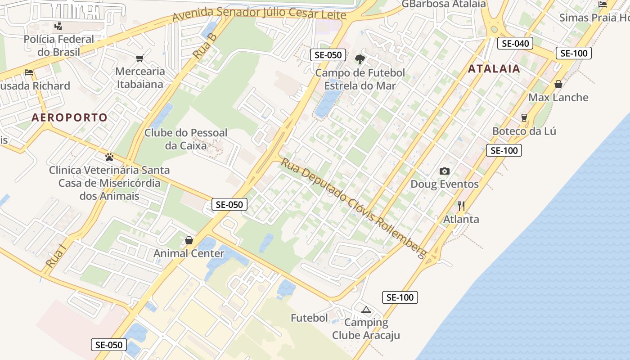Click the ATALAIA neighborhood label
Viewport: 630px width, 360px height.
[494, 69]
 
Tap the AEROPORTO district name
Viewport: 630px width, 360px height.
[69, 118]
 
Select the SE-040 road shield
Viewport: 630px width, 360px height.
[515, 43]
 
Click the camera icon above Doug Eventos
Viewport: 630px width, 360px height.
[444, 171]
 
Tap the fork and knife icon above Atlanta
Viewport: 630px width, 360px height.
[461, 206]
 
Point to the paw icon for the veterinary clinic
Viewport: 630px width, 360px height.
[109, 157]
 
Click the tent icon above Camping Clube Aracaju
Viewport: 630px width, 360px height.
[366, 310]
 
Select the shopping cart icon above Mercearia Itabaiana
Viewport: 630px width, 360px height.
[139, 58]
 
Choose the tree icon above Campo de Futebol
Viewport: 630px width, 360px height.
[360, 59]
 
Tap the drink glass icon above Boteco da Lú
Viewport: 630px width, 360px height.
[524, 118]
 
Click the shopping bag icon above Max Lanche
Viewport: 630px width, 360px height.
[558, 84]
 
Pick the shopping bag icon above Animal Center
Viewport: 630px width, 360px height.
[189, 240]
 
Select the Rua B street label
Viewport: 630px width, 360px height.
[205, 46]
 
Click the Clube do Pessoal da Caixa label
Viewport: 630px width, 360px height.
[186, 139]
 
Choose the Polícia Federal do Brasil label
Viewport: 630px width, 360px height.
[59, 45]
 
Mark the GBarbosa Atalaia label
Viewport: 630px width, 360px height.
[443, 4]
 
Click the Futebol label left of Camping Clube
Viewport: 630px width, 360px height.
[309, 318]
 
